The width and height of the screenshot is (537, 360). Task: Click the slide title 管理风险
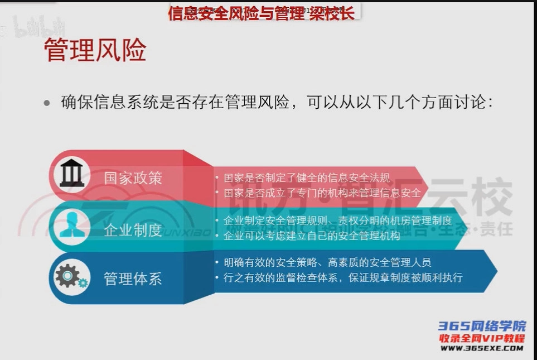click(x=95, y=50)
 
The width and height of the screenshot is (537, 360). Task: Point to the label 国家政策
click(x=133, y=178)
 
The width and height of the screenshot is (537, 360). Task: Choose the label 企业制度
click(x=133, y=229)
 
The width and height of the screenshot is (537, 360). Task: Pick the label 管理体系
click(x=133, y=279)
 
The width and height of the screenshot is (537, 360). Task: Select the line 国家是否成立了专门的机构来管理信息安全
click(x=322, y=193)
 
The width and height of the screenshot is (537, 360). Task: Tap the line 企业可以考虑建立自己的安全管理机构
click(x=312, y=236)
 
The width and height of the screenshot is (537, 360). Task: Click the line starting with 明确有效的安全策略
click(x=327, y=262)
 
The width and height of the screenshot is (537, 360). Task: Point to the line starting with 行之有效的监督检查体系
click(x=342, y=277)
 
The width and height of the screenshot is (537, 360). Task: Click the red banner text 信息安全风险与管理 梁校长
click(x=261, y=13)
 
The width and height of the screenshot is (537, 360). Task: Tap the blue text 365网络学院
click(x=482, y=327)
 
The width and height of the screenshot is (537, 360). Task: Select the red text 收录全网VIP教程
click(x=482, y=338)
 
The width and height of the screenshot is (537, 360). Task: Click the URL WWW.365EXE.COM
click(x=482, y=348)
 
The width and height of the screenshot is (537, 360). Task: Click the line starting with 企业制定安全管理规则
click(x=337, y=221)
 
